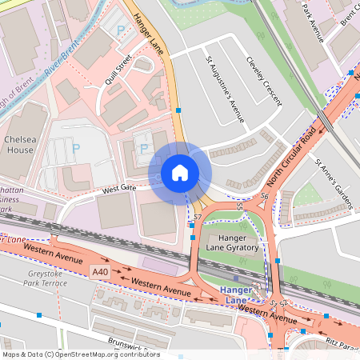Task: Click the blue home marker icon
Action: click(x=179, y=173)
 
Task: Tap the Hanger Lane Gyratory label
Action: click(x=233, y=242)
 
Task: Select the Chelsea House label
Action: click(x=20, y=145)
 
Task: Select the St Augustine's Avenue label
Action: click(x=225, y=89)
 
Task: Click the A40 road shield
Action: click(x=101, y=271)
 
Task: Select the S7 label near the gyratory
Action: click(x=198, y=217)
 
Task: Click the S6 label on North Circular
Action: click(x=264, y=195)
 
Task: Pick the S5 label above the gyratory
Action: click(x=239, y=206)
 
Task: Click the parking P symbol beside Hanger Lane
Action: click(x=121, y=30)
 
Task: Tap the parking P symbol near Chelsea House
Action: click(x=76, y=148)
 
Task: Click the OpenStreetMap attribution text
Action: click(x=80, y=354)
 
